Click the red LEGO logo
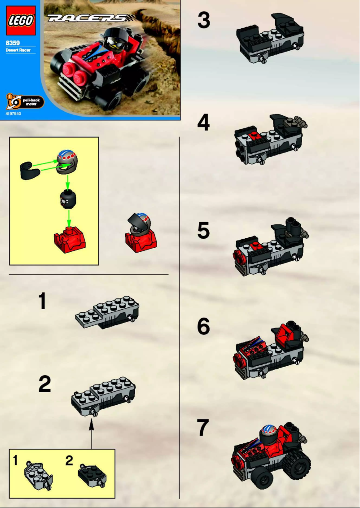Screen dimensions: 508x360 (x=20, y=20)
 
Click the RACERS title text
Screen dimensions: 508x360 (x=88, y=18)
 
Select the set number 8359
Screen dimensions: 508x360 (x=13, y=43)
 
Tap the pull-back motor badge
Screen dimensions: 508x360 (x=25, y=102)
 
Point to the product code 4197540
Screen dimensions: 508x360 (x=13, y=114)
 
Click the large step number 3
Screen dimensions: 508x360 (x=203, y=21)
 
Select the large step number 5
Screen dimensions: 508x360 (x=203, y=231)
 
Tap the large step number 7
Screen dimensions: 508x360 (x=203, y=429)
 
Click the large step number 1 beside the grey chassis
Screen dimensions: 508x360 (x=42, y=301)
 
